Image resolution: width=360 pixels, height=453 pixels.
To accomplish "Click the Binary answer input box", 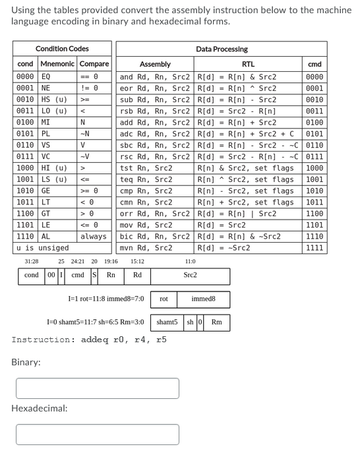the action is click(x=97, y=388).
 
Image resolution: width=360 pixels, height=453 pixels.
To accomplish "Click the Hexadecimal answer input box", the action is click(x=97, y=434).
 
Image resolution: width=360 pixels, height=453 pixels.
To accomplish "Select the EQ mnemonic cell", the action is click(x=47, y=76).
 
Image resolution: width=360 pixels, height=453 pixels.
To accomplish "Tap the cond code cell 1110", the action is click(x=25, y=236).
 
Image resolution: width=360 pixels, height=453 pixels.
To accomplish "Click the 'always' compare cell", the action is click(x=94, y=236).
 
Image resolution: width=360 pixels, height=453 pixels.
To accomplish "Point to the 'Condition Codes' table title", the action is click(x=62, y=49).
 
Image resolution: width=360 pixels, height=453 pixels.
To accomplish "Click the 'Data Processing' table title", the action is click(x=222, y=49).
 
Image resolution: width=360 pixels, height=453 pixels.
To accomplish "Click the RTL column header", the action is click(x=249, y=64).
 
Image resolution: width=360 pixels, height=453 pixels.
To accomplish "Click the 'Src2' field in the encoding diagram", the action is click(x=191, y=276).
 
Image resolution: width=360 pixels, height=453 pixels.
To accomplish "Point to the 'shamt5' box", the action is click(x=167, y=322).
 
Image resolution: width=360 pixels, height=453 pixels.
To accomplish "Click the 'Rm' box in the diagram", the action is click(x=216, y=322).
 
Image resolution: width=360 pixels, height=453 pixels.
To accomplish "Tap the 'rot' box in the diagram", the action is click(x=164, y=299).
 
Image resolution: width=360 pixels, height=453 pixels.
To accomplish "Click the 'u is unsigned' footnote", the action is click(x=42, y=248).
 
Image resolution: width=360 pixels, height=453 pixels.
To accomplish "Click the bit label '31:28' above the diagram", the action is click(x=30, y=262).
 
